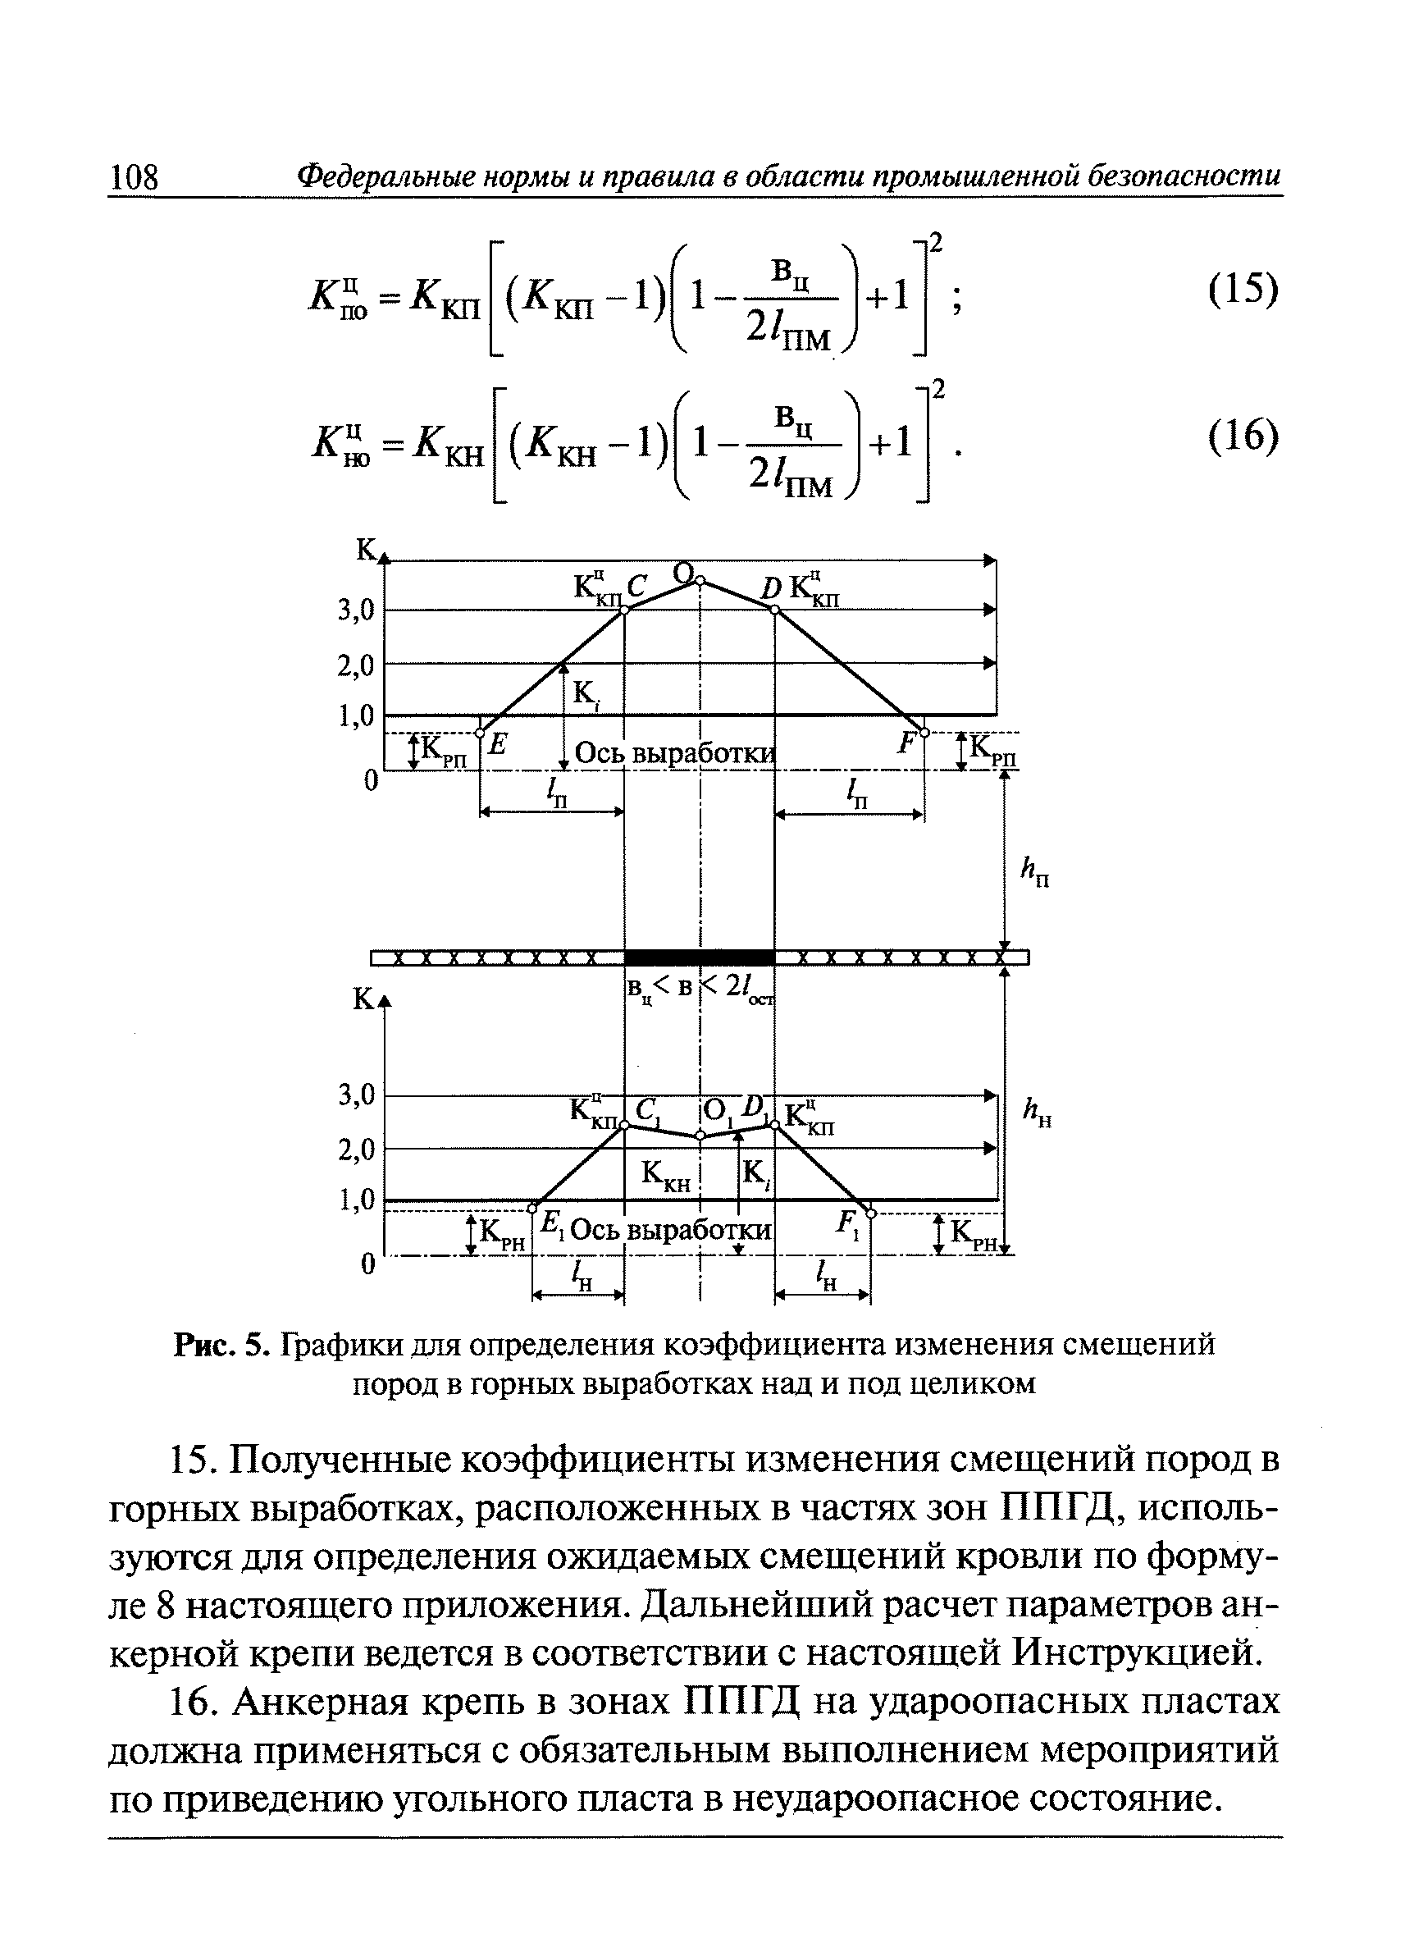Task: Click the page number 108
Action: pyautogui.click(x=135, y=177)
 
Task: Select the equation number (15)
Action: pyautogui.click(x=1243, y=290)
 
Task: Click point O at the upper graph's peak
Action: pyautogui.click(x=700, y=581)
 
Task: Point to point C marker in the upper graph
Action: pyautogui.click(x=623, y=610)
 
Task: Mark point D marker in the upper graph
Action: pyautogui.click(x=774, y=610)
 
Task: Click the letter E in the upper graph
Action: pyautogui.click(x=498, y=744)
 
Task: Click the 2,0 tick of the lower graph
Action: pyautogui.click(x=356, y=1150)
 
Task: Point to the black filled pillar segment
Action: pyautogui.click(x=700, y=957)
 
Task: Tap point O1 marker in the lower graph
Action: pyautogui.click(x=700, y=1136)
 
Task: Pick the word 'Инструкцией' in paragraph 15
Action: pyautogui.click(x=1137, y=1652)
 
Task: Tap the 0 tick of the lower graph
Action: pyautogui.click(x=367, y=1264)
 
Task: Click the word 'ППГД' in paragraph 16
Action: pyautogui.click(x=742, y=1703)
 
